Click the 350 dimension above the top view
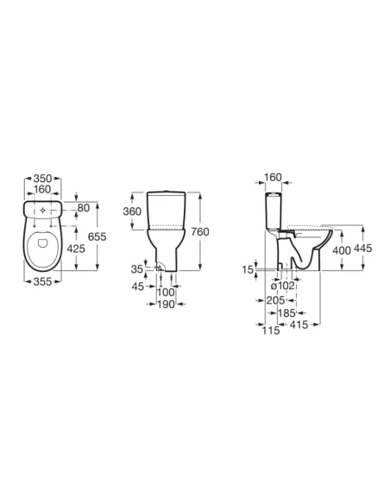pos(43,178)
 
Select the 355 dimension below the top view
pos(42,281)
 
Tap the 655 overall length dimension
pos(97,236)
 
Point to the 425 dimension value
pos(76,249)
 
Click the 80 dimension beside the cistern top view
pos(84,208)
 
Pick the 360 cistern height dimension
pos(132,211)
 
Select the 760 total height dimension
pos(200,231)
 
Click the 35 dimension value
pos(137,269)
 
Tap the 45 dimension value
pos(138,286)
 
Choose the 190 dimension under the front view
pos(166,304)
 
